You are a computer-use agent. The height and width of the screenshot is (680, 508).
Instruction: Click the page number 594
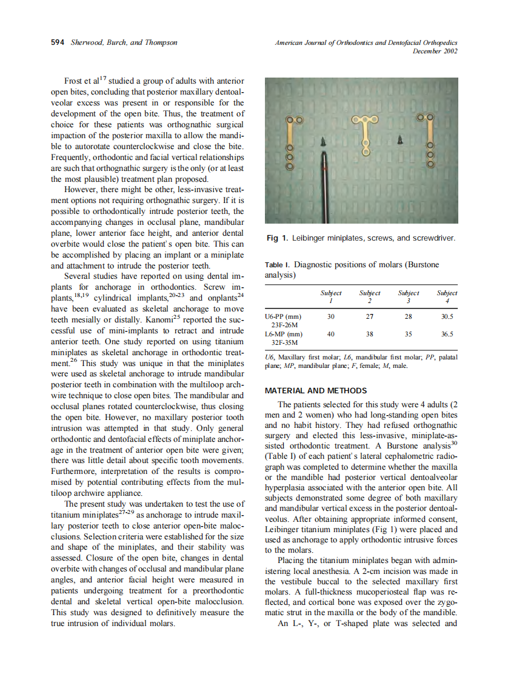[x=57, y=42]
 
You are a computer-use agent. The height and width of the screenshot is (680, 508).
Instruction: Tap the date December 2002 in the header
[x=435, y=51]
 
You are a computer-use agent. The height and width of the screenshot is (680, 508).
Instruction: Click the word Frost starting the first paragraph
[x=75, y=81]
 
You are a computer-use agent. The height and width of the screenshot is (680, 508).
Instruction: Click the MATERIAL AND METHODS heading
[x=316, y=391]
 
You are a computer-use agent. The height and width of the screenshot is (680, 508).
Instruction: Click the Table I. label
[x=278, y=265]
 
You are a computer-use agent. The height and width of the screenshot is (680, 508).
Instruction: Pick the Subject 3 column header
[x=408, y=297]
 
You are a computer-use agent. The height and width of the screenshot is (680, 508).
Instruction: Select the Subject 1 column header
[x=331, y=297]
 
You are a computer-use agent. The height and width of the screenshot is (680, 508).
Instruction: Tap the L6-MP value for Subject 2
[x=370, y=334]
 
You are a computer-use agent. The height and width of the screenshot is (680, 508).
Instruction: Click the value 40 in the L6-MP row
[x=331, y=334]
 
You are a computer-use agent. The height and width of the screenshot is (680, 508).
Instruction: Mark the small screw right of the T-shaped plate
[x=400, y=140]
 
